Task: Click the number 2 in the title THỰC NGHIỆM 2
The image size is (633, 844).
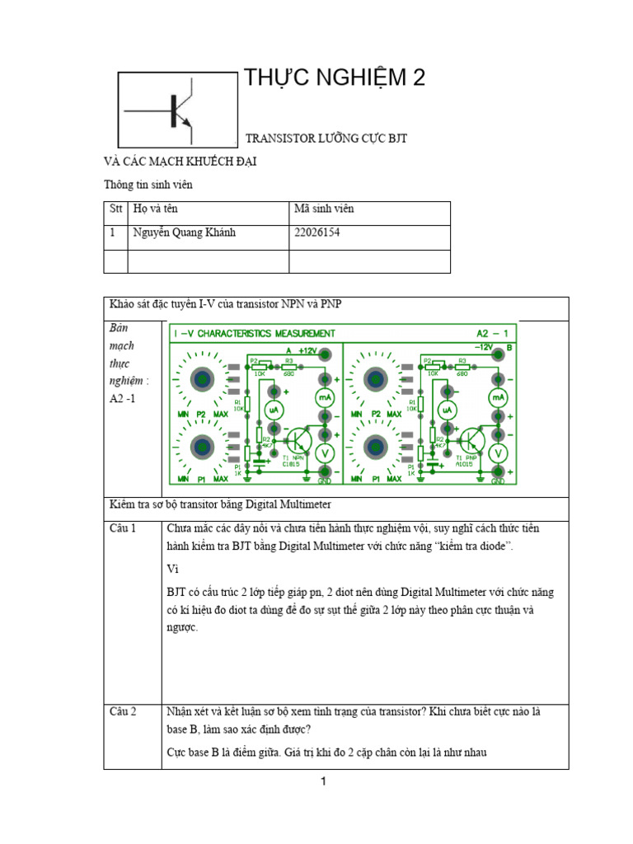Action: tap(418, 78)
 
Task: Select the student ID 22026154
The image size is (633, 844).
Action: tap(317, 232)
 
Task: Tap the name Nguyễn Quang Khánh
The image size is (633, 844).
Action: tap(184, 232)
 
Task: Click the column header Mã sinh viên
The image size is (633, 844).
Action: tap(324, 209)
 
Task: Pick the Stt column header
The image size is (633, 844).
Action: tap(116, 209)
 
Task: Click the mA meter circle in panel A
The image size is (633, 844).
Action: tap(325, 397)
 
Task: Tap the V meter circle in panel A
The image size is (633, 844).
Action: tap(325, 452)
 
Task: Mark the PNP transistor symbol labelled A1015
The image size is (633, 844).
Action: tap(471, 439)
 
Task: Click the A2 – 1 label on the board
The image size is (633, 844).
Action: tap(496, 333)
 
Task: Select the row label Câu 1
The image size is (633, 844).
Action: tap(123, 528)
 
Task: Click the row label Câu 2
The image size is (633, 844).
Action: tap(123, 710)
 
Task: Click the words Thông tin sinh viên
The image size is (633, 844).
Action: tap(148, 185)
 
